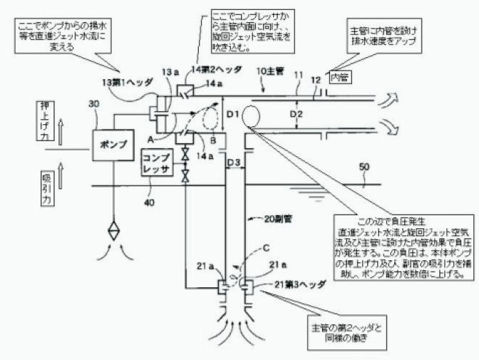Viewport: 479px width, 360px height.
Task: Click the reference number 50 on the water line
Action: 365,167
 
